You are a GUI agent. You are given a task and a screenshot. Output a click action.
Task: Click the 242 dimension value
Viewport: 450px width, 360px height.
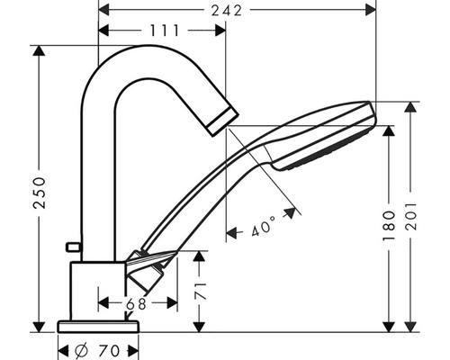[x=227, y=11]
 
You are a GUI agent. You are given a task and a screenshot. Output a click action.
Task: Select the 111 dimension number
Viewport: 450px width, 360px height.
[x=164, y=31]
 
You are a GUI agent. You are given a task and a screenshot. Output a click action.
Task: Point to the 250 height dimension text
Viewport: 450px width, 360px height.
[x=40, y=193]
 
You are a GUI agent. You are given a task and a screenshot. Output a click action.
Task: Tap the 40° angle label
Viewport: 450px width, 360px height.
[x=264, y=226]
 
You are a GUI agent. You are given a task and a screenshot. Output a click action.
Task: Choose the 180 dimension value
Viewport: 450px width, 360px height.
[x=389, y=226]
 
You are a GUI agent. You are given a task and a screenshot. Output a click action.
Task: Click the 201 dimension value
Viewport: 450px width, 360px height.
[x=411, y=217]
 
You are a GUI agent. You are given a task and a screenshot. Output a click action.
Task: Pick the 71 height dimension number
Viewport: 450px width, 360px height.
[x=201, y=291]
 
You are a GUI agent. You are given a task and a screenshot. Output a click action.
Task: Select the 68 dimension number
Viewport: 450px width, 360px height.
[x=136, y=303]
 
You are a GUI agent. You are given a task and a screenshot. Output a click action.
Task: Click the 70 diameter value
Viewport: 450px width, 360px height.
[x=109, y=351]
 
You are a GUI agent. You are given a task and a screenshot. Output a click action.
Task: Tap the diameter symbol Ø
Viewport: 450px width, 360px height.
[x=81, y=350]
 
